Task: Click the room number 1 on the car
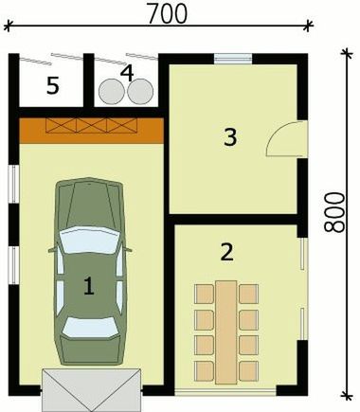click(88, 285)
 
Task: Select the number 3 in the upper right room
click(229, 136)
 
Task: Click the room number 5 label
click(53, 86)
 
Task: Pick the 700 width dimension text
click(168, 12)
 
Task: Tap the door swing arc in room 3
click(281, 142)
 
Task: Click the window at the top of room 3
click(232, 60)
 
